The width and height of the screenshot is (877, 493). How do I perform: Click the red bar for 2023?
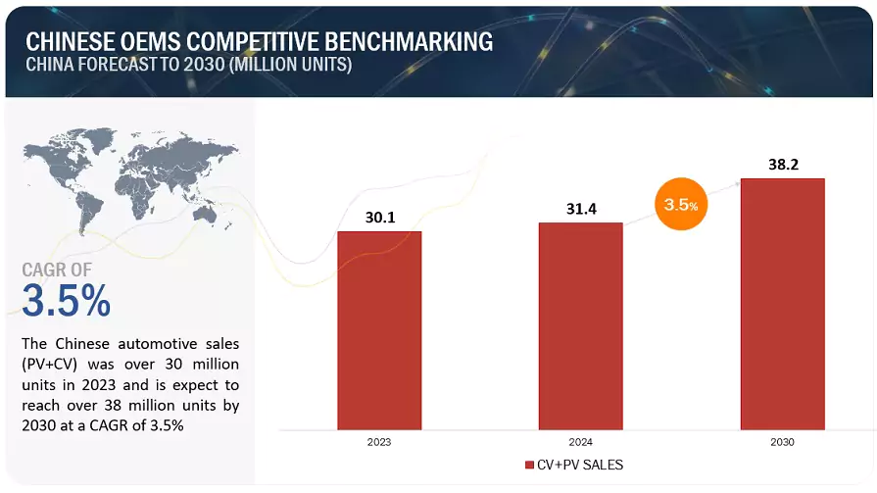click(x=379, y=330)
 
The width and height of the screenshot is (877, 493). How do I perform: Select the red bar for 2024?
click(x=580, y=325)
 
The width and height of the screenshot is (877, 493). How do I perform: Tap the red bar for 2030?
click(x=782, y=304)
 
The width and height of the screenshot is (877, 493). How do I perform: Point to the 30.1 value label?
click(x=379, y=218)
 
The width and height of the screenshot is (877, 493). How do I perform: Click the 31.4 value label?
click(x=580, y=209)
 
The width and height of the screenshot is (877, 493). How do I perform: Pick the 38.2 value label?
click(x=782, y=165)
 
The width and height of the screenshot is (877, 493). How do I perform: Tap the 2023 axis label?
click(x=379, y=442)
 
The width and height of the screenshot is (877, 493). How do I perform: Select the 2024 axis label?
click(x=580, y=442)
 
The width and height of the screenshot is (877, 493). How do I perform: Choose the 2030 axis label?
click(x=782, y=442)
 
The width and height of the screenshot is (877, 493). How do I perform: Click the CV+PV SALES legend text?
click(x=579, y=465)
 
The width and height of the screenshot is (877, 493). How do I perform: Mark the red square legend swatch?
click(x=529, y=465)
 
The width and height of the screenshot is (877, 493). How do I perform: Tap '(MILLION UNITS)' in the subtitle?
click(x=297, y=65)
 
